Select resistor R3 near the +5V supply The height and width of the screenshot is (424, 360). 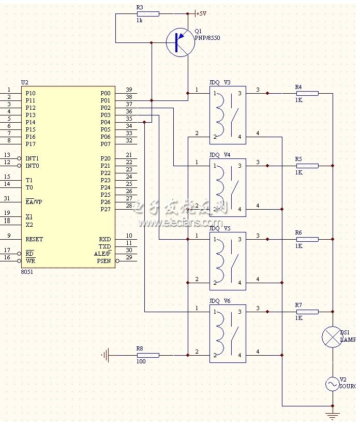tap(147, 13)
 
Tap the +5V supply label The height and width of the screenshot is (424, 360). tap(201, 13)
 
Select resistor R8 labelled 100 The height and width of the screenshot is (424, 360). tap(147, 355)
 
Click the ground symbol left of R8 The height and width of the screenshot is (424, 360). tap(106, 355)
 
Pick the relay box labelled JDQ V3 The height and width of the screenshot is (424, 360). tap(228, 115)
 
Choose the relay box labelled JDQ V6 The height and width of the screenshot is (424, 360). tap(228, 333)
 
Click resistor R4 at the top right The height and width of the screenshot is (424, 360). tap(307, 93)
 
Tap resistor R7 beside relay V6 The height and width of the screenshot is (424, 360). tap(307, 312)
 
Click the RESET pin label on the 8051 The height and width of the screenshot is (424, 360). tap(34, 240)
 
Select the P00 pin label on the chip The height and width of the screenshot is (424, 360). tap(106, 93)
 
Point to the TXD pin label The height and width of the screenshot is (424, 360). tap(104, 247)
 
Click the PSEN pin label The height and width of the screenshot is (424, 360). tap(104, 261)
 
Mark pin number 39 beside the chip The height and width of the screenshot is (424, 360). tap(129, 90)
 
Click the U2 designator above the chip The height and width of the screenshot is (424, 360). tap(25, 82)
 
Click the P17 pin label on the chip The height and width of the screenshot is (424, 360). tap(31, 144)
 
